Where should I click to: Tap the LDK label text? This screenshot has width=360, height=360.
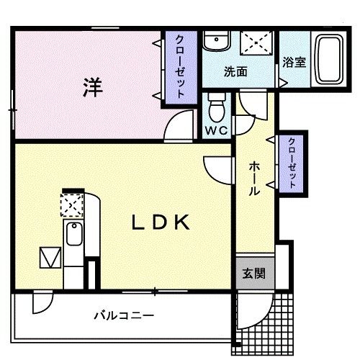[x=160, y=223]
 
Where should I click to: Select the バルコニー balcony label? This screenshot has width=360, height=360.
[x=124, y=315]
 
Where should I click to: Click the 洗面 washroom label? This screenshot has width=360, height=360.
[x=234, y=71]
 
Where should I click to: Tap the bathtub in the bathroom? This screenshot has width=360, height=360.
[x=330, y=58]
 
